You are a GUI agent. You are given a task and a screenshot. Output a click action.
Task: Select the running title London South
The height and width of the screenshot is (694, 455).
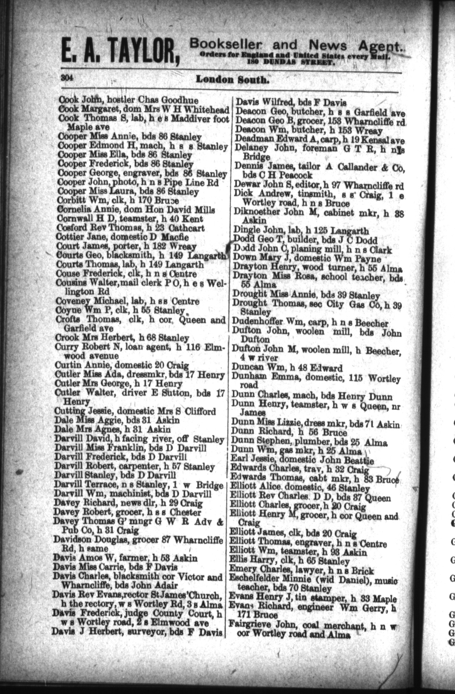pyautogui.click(x=232, y=79)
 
